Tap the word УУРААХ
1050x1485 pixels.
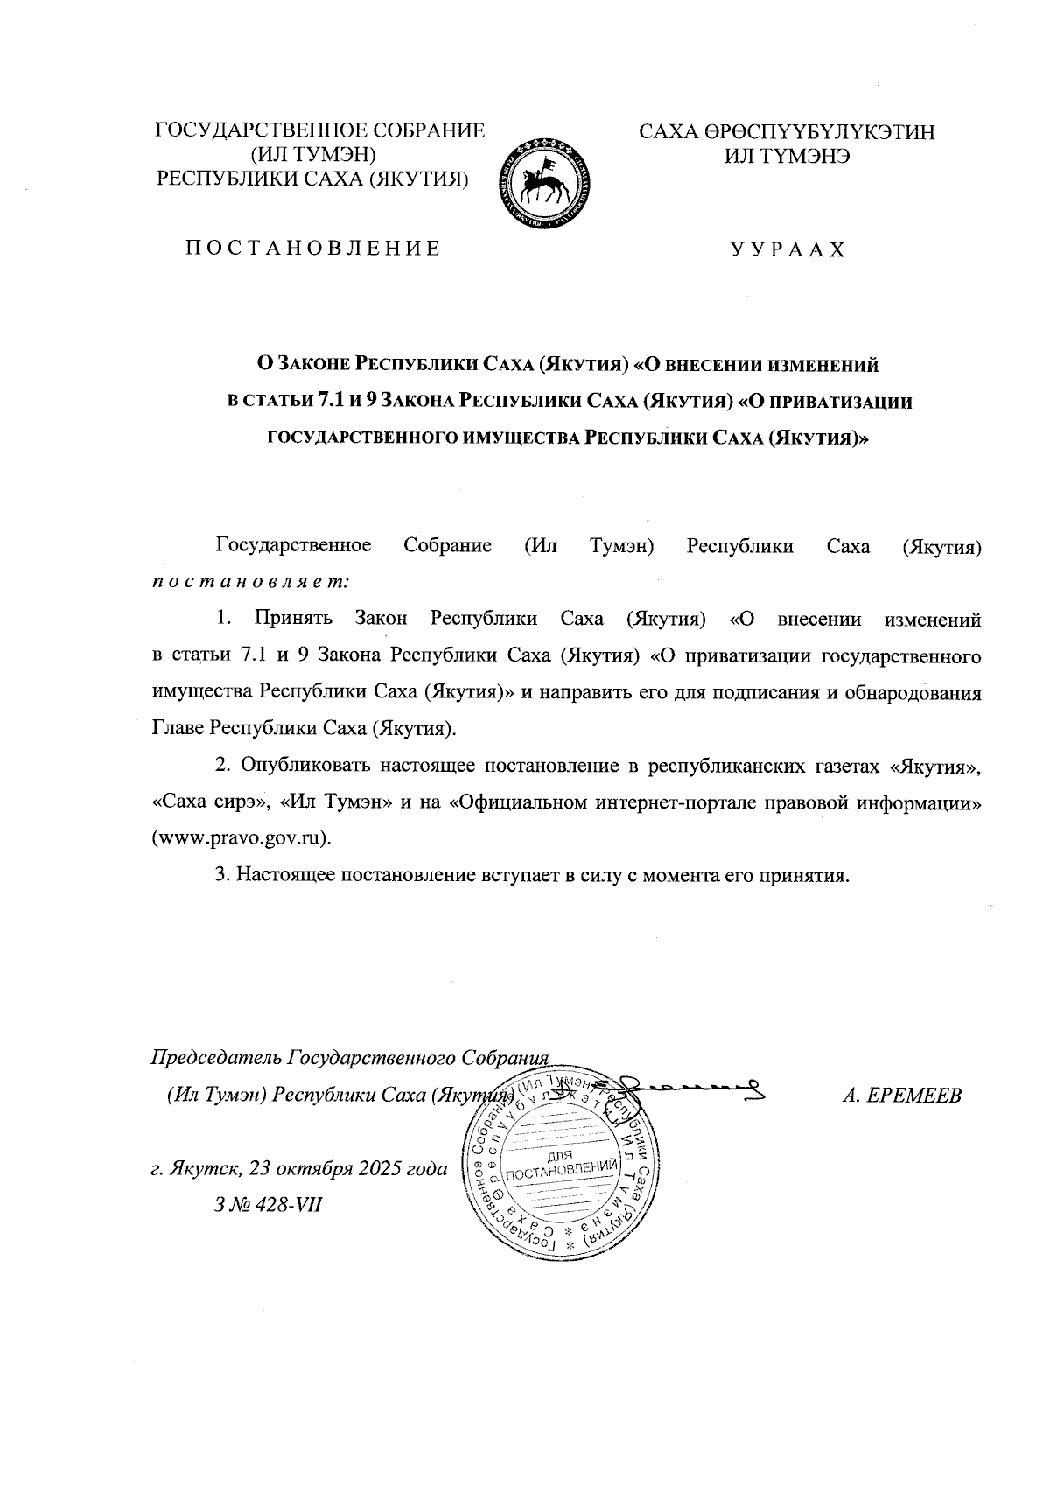787,250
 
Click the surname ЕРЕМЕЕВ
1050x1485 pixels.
915,1096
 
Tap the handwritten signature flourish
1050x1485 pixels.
691,1088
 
